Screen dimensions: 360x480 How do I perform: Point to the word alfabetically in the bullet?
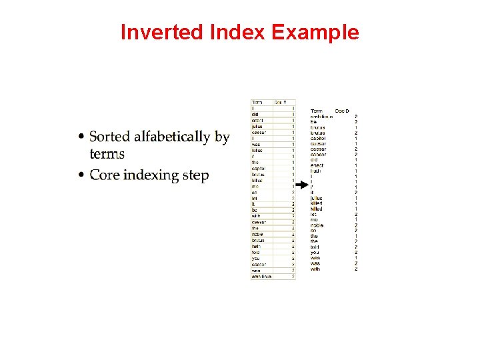point(172,137)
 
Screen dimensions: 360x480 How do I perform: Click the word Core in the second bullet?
point(104,175)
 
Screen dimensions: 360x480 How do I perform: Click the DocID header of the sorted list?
point(342,111)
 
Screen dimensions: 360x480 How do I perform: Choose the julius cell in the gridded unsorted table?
point(257,126)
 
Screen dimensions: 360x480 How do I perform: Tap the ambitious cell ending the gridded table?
point(261,276)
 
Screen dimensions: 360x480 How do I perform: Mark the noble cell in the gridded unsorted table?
point(257,234)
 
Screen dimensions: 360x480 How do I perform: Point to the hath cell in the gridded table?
point(257,246)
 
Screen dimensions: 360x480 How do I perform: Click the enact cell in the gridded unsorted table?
point(257,120)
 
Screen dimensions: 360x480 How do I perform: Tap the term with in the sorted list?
point(315,269)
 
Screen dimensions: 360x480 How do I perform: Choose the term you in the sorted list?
point(315,253)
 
